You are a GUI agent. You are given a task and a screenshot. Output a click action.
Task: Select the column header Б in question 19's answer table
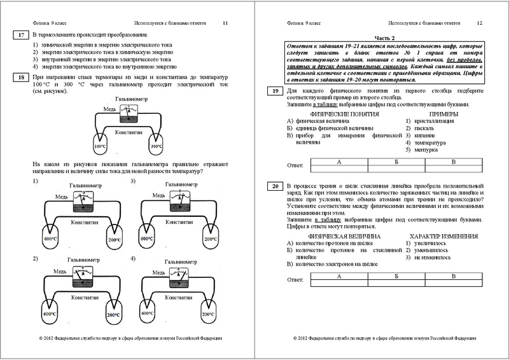point(396,162)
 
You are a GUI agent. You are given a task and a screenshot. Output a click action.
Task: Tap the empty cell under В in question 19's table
point(454,169)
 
